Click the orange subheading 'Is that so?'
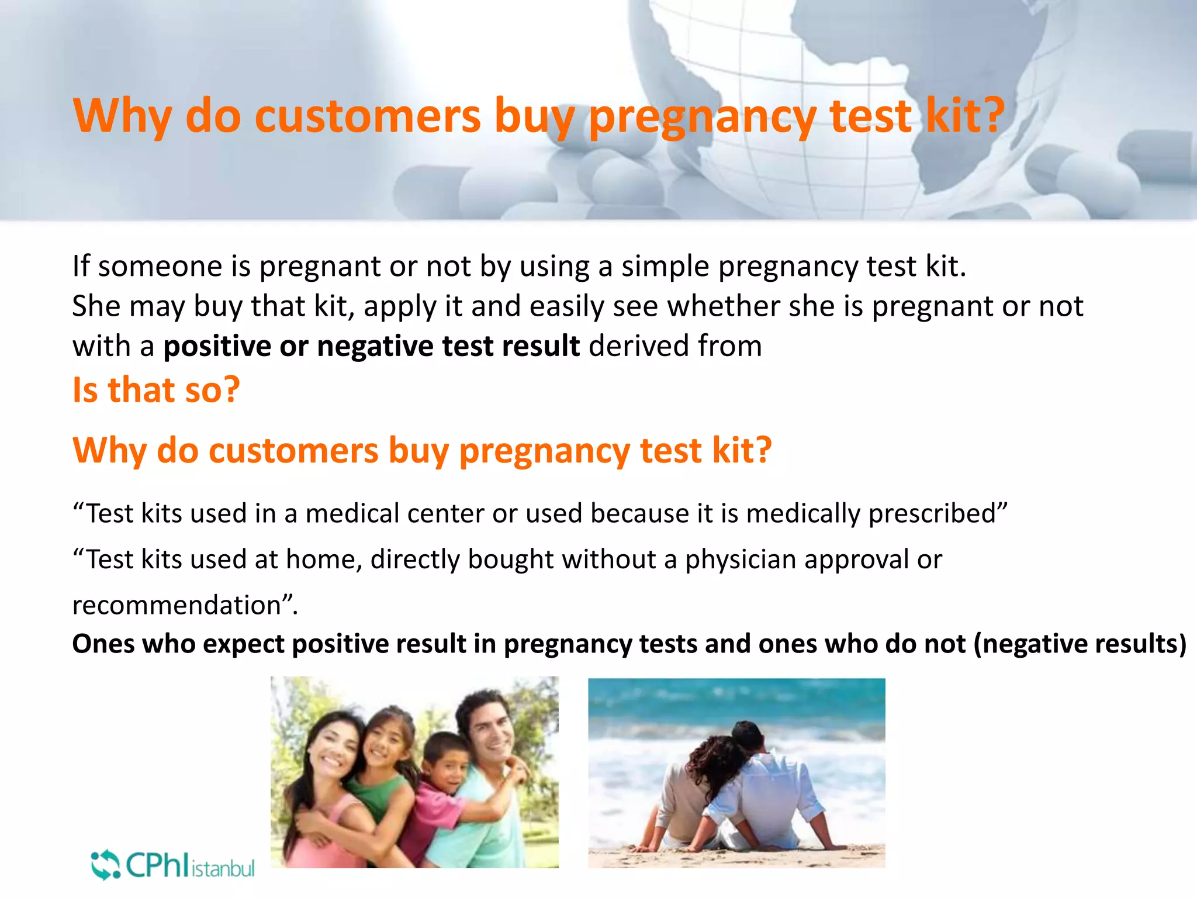point(156,390)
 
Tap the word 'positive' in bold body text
point(216,346)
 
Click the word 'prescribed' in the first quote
point(935,513)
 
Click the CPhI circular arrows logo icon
point(105,865)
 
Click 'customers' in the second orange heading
point(293,451)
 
